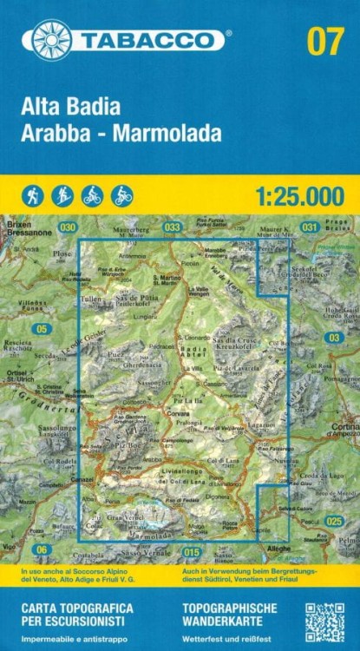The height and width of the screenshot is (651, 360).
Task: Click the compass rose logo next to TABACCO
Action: coord(51,40)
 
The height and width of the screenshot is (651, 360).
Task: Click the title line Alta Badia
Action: coord(73,109)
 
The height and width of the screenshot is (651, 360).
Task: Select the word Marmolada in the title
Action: coord(178,134)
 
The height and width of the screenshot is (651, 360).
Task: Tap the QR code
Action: coord(324,622)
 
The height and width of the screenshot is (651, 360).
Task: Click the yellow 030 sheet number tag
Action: coord(68,227)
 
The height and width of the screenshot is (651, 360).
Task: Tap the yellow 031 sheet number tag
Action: coord(309,227)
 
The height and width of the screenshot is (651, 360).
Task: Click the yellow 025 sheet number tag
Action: coord(334,521)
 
